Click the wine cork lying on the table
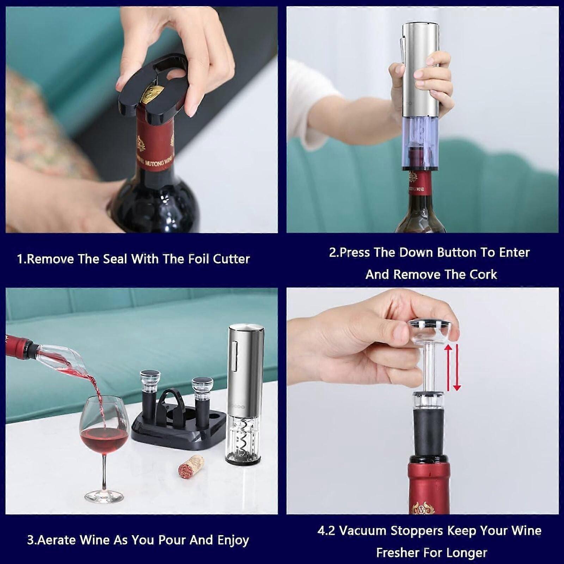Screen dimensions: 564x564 (191, 466)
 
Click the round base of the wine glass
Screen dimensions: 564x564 (104, 497)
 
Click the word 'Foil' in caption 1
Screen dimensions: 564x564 (199, 259)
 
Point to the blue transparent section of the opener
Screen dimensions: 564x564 (421, 143)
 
